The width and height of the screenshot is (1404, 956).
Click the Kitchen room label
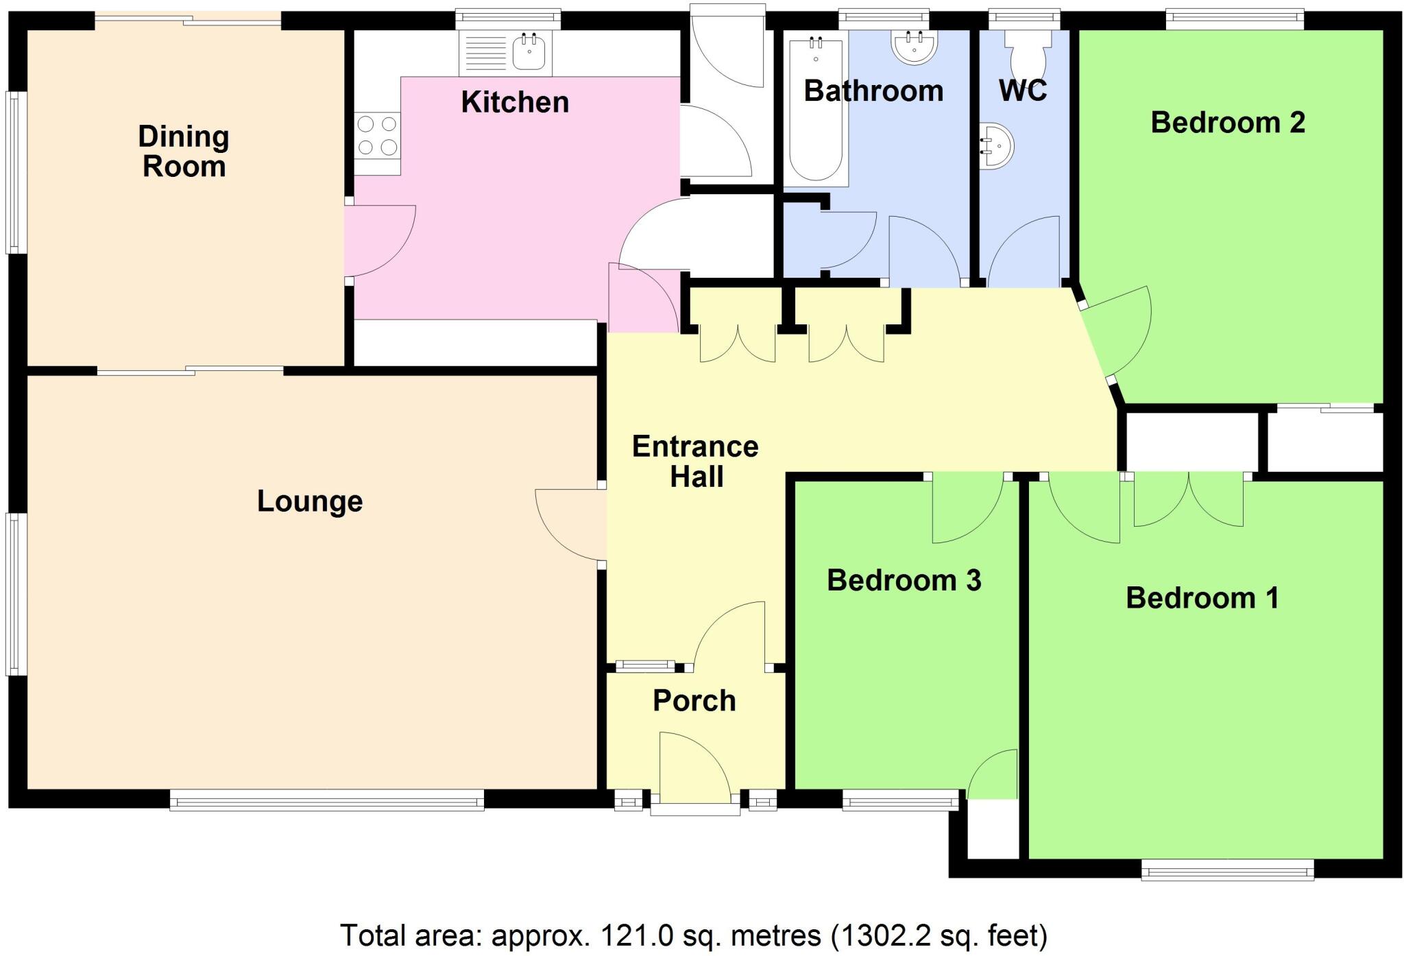(x=515, y=102)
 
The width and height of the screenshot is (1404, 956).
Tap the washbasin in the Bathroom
(x=914, y=47)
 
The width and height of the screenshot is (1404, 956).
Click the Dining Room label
(x=184, y=151)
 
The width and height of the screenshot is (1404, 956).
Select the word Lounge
(x=310, y=501)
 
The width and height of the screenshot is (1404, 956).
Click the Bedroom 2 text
(x=1227, y=123)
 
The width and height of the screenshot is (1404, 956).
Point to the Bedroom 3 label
(x=904, y=580)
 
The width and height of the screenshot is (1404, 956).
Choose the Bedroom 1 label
(x=1202, y=598)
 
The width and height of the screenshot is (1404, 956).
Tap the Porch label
(x=694, y=701)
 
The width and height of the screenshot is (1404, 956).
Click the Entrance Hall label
(x=695, y=462)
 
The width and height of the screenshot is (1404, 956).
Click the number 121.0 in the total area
(x=628, y=935)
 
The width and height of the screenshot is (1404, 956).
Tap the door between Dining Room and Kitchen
(x=380, y=240)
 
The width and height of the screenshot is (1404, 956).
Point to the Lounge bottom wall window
(x=327, y=800)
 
